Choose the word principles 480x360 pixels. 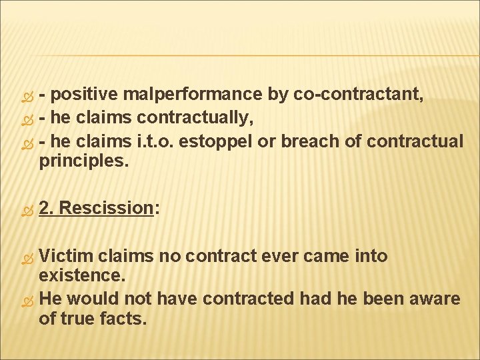click(83, 162)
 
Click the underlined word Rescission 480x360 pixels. click(106, 208)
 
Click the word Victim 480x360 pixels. click(67, 256)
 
